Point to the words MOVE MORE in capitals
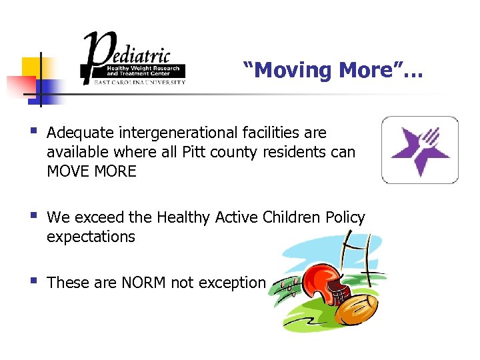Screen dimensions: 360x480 91,171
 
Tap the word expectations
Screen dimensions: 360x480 91,237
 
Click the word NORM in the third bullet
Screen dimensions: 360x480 144,283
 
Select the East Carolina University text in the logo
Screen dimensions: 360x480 133,82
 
